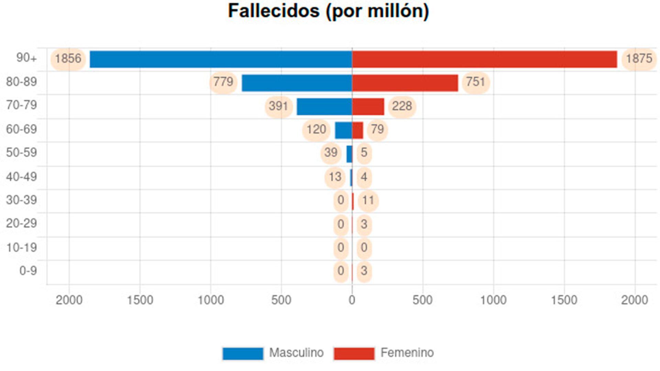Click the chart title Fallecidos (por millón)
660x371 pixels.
(x=328, y=11)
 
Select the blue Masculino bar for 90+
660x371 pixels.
(x=221, y=59)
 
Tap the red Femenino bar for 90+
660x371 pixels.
(x=484, y=59)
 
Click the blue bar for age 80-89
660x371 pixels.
(x=297, y=83)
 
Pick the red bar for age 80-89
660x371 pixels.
(x=405, y=83)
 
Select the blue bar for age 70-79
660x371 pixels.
(x=324, y=106)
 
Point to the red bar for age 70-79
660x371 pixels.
(x=368, y=106)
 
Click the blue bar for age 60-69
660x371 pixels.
(x=343, y=130)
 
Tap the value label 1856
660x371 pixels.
(x=68, y=59)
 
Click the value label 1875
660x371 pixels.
(x=639, y=59)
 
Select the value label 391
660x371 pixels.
(x=278, y=106)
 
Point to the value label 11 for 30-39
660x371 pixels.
(x=368, y=200)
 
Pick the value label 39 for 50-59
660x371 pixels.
(x=331, y=153)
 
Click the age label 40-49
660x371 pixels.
(x=21, y=177)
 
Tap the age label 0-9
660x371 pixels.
(x=28, y=271)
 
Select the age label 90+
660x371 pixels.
(x=26, y=58)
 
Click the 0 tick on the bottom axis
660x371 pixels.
(x=352, y=300)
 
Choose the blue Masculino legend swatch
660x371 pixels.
(x=243, y=353)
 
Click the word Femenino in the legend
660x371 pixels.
(x=407, y=353)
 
